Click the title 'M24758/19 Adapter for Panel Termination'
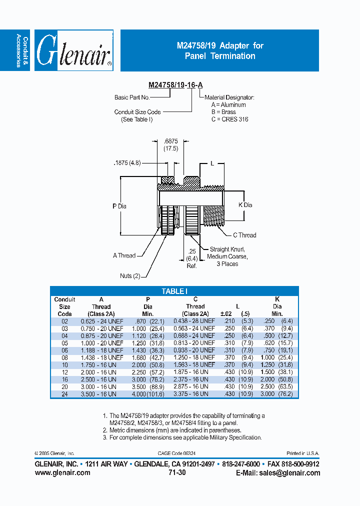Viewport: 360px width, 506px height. [220, 50]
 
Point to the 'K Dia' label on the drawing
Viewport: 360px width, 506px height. [245, 205]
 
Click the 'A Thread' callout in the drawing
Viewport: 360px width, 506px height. [124, 255]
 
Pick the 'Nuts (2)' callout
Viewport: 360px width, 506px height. [130, 276]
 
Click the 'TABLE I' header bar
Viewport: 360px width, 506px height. [174, 291]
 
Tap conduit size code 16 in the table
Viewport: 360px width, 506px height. [64, 379]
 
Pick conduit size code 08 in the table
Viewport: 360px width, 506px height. [64, 357]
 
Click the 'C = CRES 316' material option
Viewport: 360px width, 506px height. [229, 119]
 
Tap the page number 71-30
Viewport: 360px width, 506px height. [174, 472]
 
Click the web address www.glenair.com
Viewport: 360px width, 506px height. [62, 472]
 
